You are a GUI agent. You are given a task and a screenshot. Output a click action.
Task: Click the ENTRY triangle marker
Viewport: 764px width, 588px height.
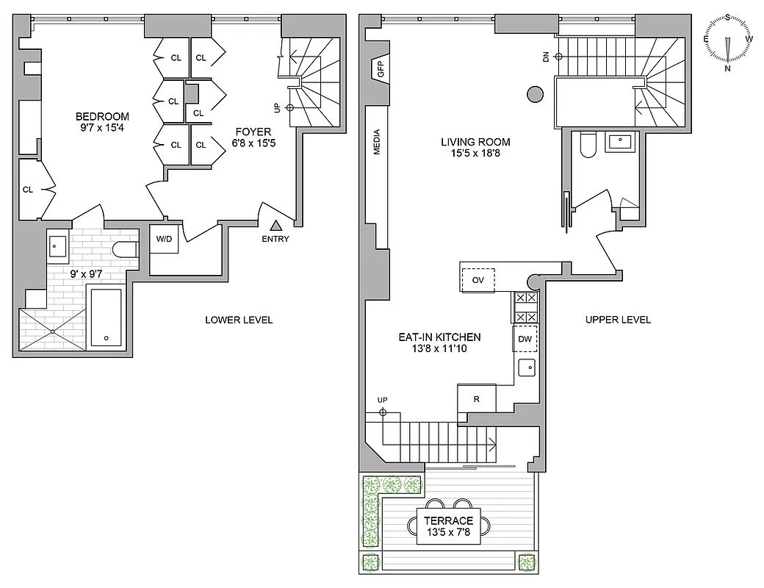(x=277, y=226)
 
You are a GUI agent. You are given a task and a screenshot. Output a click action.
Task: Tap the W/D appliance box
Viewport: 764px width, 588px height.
(x=163, y=238)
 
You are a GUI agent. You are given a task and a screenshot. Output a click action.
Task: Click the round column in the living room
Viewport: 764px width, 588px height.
(x=535, y=93)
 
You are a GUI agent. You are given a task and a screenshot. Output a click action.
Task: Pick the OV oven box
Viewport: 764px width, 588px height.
(x=478, y=280)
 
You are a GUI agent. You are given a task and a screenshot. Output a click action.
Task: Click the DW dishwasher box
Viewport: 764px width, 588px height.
(x=525, y=339)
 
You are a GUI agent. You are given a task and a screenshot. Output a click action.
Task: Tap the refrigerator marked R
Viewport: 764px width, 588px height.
(x=476, y=399)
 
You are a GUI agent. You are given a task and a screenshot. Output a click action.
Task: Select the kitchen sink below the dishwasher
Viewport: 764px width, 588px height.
(x=526, y=367)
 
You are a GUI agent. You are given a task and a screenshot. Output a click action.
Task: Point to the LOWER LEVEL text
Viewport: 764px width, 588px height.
(x=239, y=320)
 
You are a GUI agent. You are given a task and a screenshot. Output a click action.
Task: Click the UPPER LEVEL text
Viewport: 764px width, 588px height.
(x=618, y=320)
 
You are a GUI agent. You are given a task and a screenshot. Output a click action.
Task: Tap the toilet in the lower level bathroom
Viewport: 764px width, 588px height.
(x=126, y=249)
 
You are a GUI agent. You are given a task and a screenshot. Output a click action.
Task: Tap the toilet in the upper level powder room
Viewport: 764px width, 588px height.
(x=587, y=147)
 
